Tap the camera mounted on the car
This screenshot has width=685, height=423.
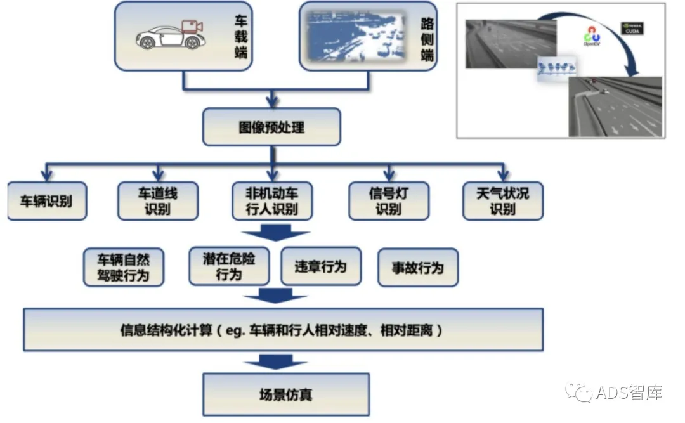click(191, 27)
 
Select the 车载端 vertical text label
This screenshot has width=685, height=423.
click(240, 36)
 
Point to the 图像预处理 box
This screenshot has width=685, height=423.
click(271, 127)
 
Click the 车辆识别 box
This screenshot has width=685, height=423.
click(47, 201)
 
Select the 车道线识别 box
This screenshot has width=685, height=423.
click(158, 201)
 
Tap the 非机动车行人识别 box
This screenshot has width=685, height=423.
click(271, 201)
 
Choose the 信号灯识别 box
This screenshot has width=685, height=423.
click(389, 201)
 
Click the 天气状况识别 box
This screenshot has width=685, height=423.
click(502, 201)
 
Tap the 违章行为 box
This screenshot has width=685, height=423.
click(320, 267)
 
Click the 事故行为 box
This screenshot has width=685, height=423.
click(417, 268)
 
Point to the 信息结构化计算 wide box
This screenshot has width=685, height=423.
click(283, 330)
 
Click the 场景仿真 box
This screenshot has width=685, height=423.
click(285, 394)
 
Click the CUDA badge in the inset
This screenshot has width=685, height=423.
click(633, 29)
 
